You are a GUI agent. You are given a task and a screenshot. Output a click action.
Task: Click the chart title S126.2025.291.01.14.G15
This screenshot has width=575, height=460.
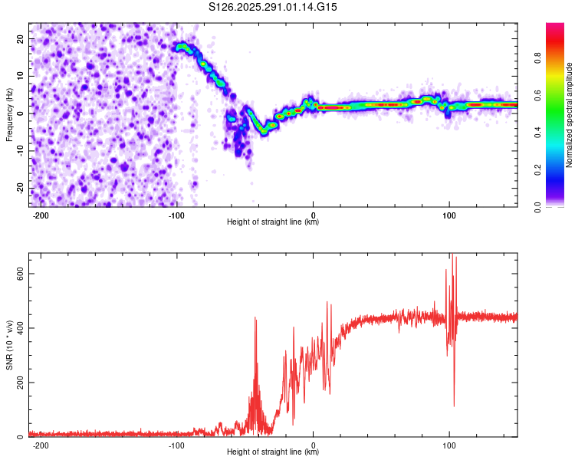pyautogui.click(x=274, y=7)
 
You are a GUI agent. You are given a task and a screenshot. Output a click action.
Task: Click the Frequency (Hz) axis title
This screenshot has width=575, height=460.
pyautogui.click(x=9, y=115)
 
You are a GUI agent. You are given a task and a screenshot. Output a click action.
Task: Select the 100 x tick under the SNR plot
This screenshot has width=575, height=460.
pyautogui.click(x=449, y=445)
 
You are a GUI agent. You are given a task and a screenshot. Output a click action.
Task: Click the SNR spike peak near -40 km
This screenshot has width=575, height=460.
pyautogui.click(x=255, y=317)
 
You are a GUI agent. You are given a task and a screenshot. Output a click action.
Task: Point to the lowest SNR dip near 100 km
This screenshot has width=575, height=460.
pyautogui.click(x=454, y=406)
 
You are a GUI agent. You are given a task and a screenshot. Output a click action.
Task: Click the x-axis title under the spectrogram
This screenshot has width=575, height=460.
pyautogui.click(x=273, y=222)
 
